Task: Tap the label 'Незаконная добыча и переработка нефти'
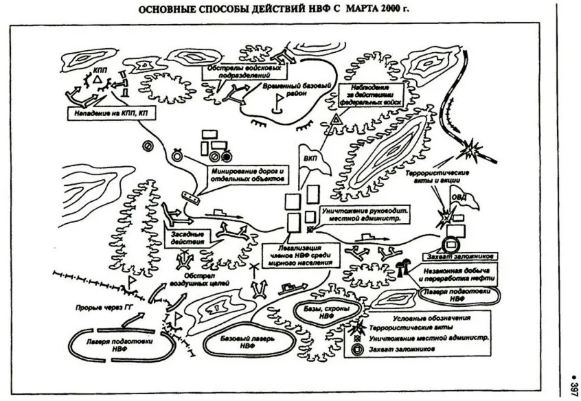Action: pyautogui.click(x=454, y=275)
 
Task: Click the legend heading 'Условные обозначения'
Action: pyautogui.click(x=431, y=318)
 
